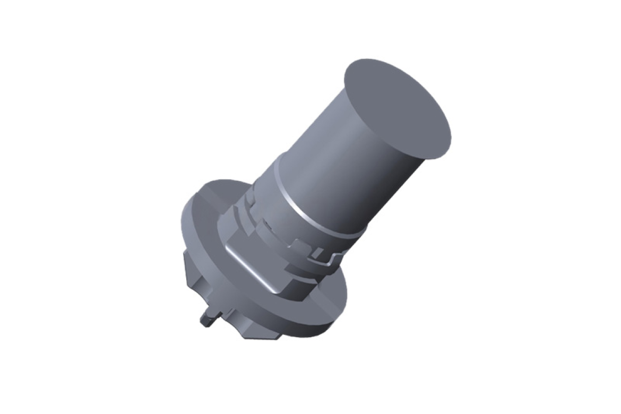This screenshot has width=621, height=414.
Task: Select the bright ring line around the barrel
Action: [x=313, y=212]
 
